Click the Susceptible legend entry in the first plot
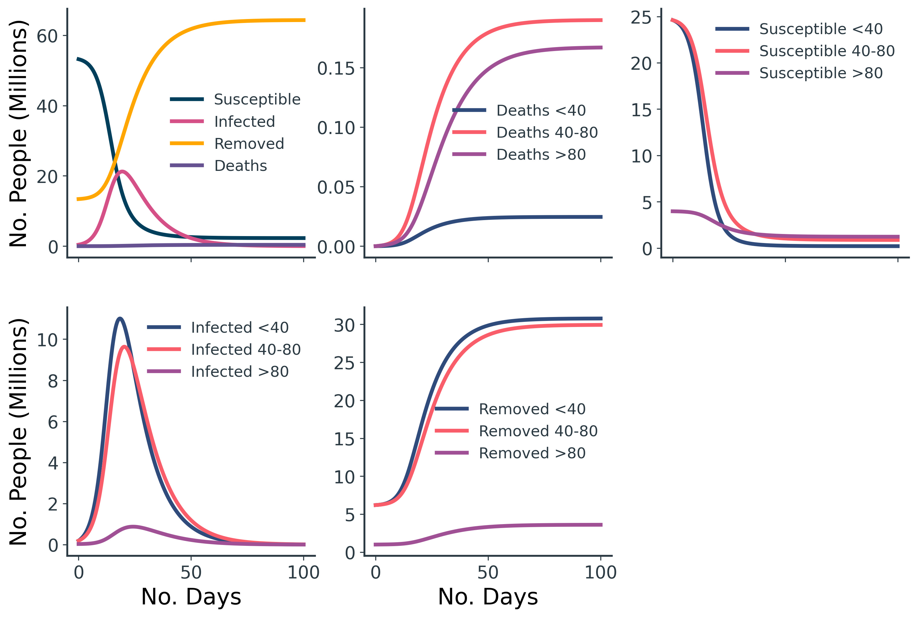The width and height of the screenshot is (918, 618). (x=257, y=99)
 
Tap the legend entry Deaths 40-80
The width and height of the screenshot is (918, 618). (x=547, y=133)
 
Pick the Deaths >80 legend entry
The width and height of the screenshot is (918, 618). (x=541, y=155)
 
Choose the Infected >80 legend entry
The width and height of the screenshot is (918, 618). (x=240, y=372)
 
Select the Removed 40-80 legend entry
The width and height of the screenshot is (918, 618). (x=538, y=431)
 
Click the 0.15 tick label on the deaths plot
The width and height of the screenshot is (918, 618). (x=335, y=69)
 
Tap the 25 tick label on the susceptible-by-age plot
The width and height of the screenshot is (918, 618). (x=641, y=18)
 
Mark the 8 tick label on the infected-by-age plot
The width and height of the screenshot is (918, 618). (x=53, y=381)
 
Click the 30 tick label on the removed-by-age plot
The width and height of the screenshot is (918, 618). (x=344, y=325)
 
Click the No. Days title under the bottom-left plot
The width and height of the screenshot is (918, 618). (x=191, y=597)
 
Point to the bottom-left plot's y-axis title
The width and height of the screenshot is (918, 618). (x=18, y=432)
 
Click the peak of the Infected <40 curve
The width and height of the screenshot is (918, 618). (x=120, y=318)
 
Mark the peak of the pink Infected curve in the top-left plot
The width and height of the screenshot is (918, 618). (x=122, y=171)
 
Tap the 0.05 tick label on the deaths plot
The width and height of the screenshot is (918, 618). (x=335, y=187)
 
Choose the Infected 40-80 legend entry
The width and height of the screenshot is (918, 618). (x=245, y=350)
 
